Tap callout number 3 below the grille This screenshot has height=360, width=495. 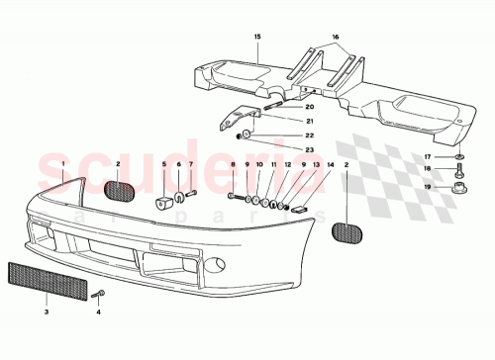(46, 312)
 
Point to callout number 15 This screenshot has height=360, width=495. (257, 36)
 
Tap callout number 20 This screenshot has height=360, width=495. (310, 106)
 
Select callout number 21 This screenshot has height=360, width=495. (310, 121)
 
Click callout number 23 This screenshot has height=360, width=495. (310, 150)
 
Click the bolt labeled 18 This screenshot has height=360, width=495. (458, 170)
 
